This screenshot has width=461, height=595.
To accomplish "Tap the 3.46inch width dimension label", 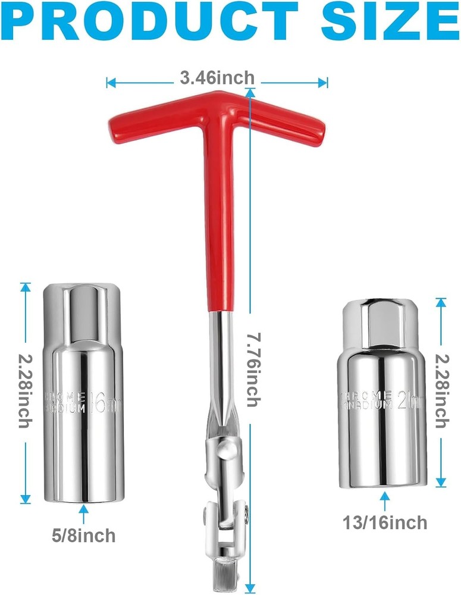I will [x=217, y=79].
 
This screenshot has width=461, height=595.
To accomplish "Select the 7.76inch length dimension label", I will [x=252, y=369].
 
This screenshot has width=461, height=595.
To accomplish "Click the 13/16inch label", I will [x=385, y=522].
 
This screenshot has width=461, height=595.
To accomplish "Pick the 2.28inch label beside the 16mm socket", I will [x=25, y=389].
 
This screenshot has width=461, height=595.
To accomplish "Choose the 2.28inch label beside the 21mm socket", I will [x=441, y=389].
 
